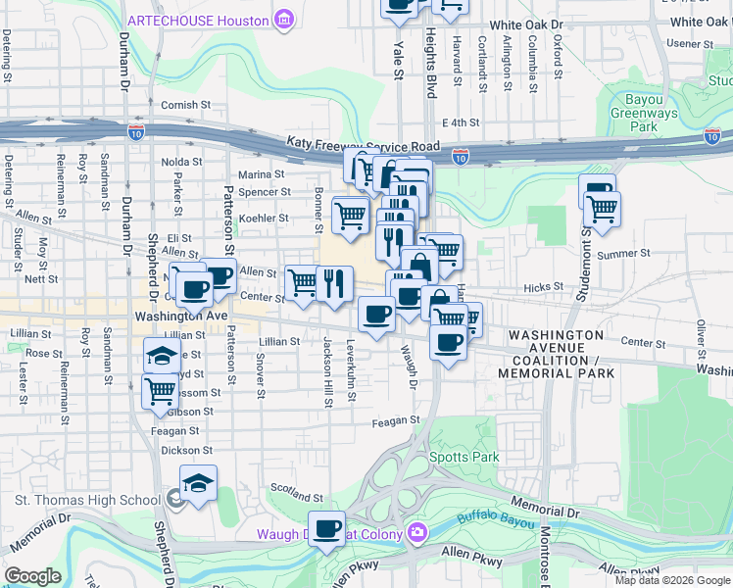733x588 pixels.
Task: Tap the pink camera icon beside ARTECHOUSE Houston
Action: (284, 19)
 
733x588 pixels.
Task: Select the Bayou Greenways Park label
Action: (643, 113)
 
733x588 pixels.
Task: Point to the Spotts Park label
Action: (464, 457)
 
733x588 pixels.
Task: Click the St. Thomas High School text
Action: (86, 500)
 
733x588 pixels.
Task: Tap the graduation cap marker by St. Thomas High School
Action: (198, 483)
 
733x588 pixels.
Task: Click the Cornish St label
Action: (185, 105)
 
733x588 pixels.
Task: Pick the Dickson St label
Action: (186, 450)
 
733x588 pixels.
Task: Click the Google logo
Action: (32, 575)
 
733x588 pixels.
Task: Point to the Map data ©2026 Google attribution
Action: (671, 580)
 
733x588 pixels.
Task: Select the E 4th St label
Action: (460, 122)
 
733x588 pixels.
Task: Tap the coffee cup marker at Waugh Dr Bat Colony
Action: (327, 529)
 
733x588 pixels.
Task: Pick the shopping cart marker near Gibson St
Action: (161, 391)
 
